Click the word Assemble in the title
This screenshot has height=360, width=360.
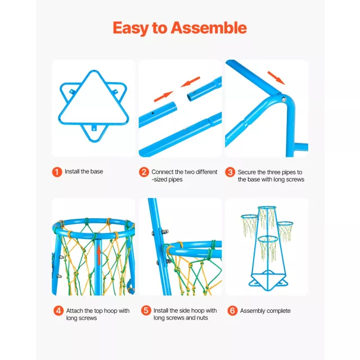(x=209, y=28)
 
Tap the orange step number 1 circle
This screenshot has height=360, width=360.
(x=57, y=172)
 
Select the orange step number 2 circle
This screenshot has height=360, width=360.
(x=144, y=172)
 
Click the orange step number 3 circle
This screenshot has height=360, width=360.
(x=230, y=172)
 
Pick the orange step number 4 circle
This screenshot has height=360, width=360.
(x=58, y=310)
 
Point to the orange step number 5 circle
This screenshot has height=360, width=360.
(x=146, y=310)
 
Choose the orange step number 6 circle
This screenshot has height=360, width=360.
(x=232, y=310)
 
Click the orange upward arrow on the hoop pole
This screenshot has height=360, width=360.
(x=99, y=254)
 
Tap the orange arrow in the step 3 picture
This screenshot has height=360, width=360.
(x=276, y=78)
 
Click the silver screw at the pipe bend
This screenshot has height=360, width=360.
(x=284, y=100)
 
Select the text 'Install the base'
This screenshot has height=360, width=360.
(x=84, y=172)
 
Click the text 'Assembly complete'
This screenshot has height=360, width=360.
(x=265, y=311)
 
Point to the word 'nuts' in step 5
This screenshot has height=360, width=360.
(x=202, y=318)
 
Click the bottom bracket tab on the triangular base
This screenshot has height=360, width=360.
(x=94, y=128)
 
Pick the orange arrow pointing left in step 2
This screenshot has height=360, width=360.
(x=190, y=82)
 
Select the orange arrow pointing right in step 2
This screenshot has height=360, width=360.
(x=163, y=96)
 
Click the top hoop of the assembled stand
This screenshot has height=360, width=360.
(x=267, y=208)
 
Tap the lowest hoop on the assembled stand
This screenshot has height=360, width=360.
(x=268, y=239)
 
